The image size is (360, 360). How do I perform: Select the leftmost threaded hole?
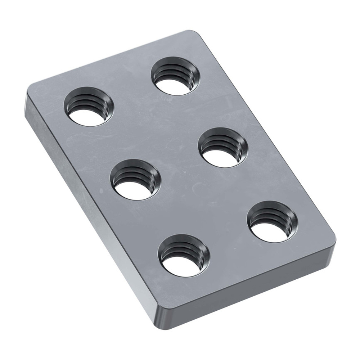coord(89,107)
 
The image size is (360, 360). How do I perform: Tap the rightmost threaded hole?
coord(273,221)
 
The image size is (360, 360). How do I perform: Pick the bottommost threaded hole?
coord(184,255)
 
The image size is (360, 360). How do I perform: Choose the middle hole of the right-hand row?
coord(223,147)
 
